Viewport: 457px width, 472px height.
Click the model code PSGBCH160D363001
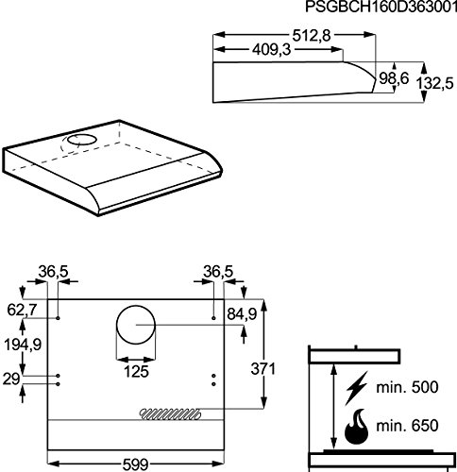pyautogui.click(x=381, y=7)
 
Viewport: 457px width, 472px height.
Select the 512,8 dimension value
pyautogui.click(x=312, y=36)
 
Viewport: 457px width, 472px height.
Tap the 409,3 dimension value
pyautogui.click(x=272, y=50)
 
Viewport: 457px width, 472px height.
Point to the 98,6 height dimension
pyautogui.click(x=394, y=78)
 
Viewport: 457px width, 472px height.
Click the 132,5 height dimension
pyautogui.click(x=435, y=83)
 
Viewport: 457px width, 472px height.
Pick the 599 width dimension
pyautogui.click(x=135, y=464)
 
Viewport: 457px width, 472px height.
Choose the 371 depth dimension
pyautogui.click(x=262, y=369)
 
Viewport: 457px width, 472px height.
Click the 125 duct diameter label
pyautogui.click(x=136, y=372)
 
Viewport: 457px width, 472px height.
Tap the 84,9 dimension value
pyautogui.click(x=242, y=314)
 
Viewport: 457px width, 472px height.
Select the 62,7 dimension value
pyautogui.click(x=22, y=311)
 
